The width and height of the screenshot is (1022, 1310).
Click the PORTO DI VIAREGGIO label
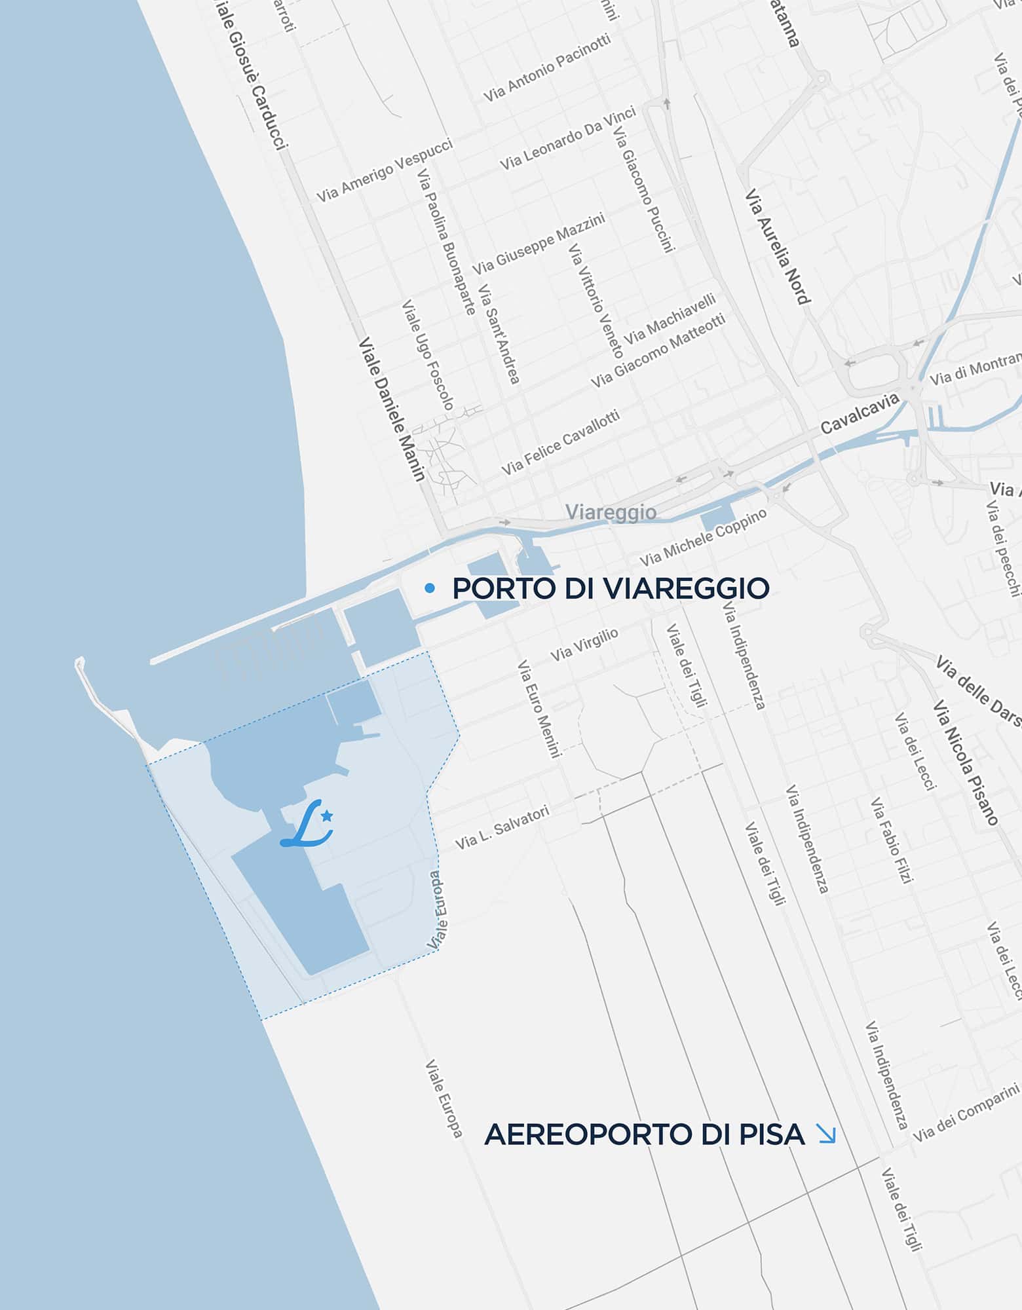point(610,588)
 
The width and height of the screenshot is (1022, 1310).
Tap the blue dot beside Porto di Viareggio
point(430,588)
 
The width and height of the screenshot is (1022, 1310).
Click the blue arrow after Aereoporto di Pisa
point(827,1134)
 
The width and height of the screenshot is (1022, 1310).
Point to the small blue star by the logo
point(327,815)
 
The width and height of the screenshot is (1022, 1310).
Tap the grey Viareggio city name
point(611,512)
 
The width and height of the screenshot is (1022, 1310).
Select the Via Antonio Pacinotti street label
point(547,68)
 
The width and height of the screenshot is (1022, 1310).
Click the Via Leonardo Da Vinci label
point(568,138)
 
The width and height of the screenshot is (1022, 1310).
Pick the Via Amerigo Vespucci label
point(385,170)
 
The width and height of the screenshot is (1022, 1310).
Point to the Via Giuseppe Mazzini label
point(538,244)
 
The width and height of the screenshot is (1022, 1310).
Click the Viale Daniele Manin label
point(392,409)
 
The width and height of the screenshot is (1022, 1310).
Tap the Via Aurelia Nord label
point(778,247)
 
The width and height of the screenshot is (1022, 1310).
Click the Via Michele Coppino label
point(703,537)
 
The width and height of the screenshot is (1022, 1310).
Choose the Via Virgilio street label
point(584,645)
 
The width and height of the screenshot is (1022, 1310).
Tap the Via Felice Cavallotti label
point(560,443)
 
